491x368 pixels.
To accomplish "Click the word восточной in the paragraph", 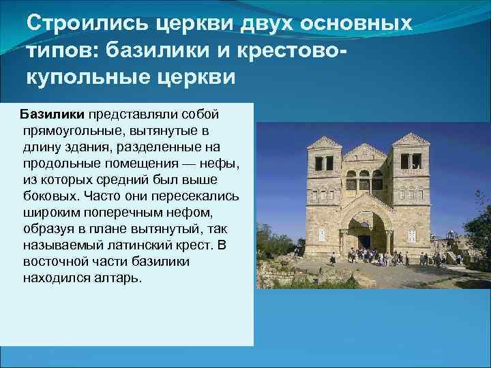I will [51, 261].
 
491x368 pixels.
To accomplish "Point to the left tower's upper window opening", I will [323, 162].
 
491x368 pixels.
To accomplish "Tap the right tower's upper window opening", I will [409, 161].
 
